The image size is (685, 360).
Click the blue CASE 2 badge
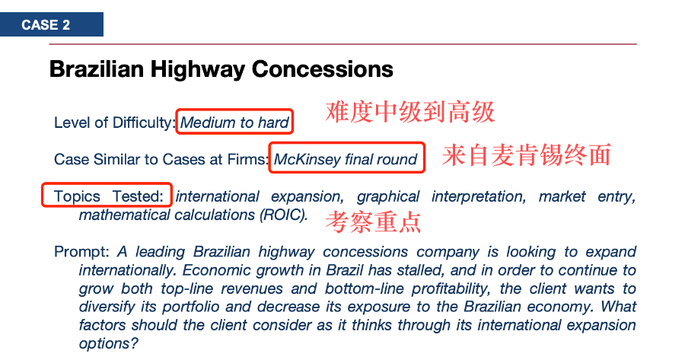pos(52,24)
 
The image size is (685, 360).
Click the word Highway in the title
pos(197,69)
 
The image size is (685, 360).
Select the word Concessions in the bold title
pos(323,69)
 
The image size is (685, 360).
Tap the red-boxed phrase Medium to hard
pos(234,123)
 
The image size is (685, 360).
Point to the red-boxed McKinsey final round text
pos(346,159)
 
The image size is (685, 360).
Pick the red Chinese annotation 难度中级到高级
pos(409,112)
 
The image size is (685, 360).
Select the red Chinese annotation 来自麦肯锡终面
pos(526,155)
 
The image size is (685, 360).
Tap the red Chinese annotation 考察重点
pos(373,221)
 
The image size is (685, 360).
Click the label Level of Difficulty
pos(113,123)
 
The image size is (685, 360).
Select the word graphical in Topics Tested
pos(388,196)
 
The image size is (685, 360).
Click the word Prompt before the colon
pos(79,252)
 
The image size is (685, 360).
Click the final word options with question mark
pos(108,344)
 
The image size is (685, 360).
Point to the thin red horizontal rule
pos(343,44)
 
